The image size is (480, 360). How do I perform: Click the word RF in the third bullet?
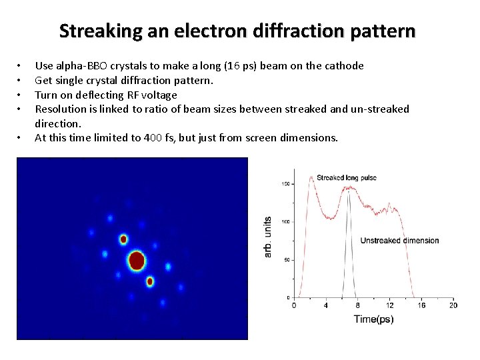coord(129,95)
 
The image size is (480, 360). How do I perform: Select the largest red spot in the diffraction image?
coord(137,260)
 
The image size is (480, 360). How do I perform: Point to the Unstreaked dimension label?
coord(399,241)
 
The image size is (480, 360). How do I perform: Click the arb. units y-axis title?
coord(268,237)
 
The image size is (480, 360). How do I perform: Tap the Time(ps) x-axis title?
coord(373,319)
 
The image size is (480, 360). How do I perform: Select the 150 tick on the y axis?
coord(287,183)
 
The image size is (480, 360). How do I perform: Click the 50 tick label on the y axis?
coord(288,259)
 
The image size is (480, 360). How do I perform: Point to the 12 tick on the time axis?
coord(389,305)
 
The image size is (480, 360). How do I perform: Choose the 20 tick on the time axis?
coord(453,305)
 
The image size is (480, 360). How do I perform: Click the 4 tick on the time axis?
coord(326,305)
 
